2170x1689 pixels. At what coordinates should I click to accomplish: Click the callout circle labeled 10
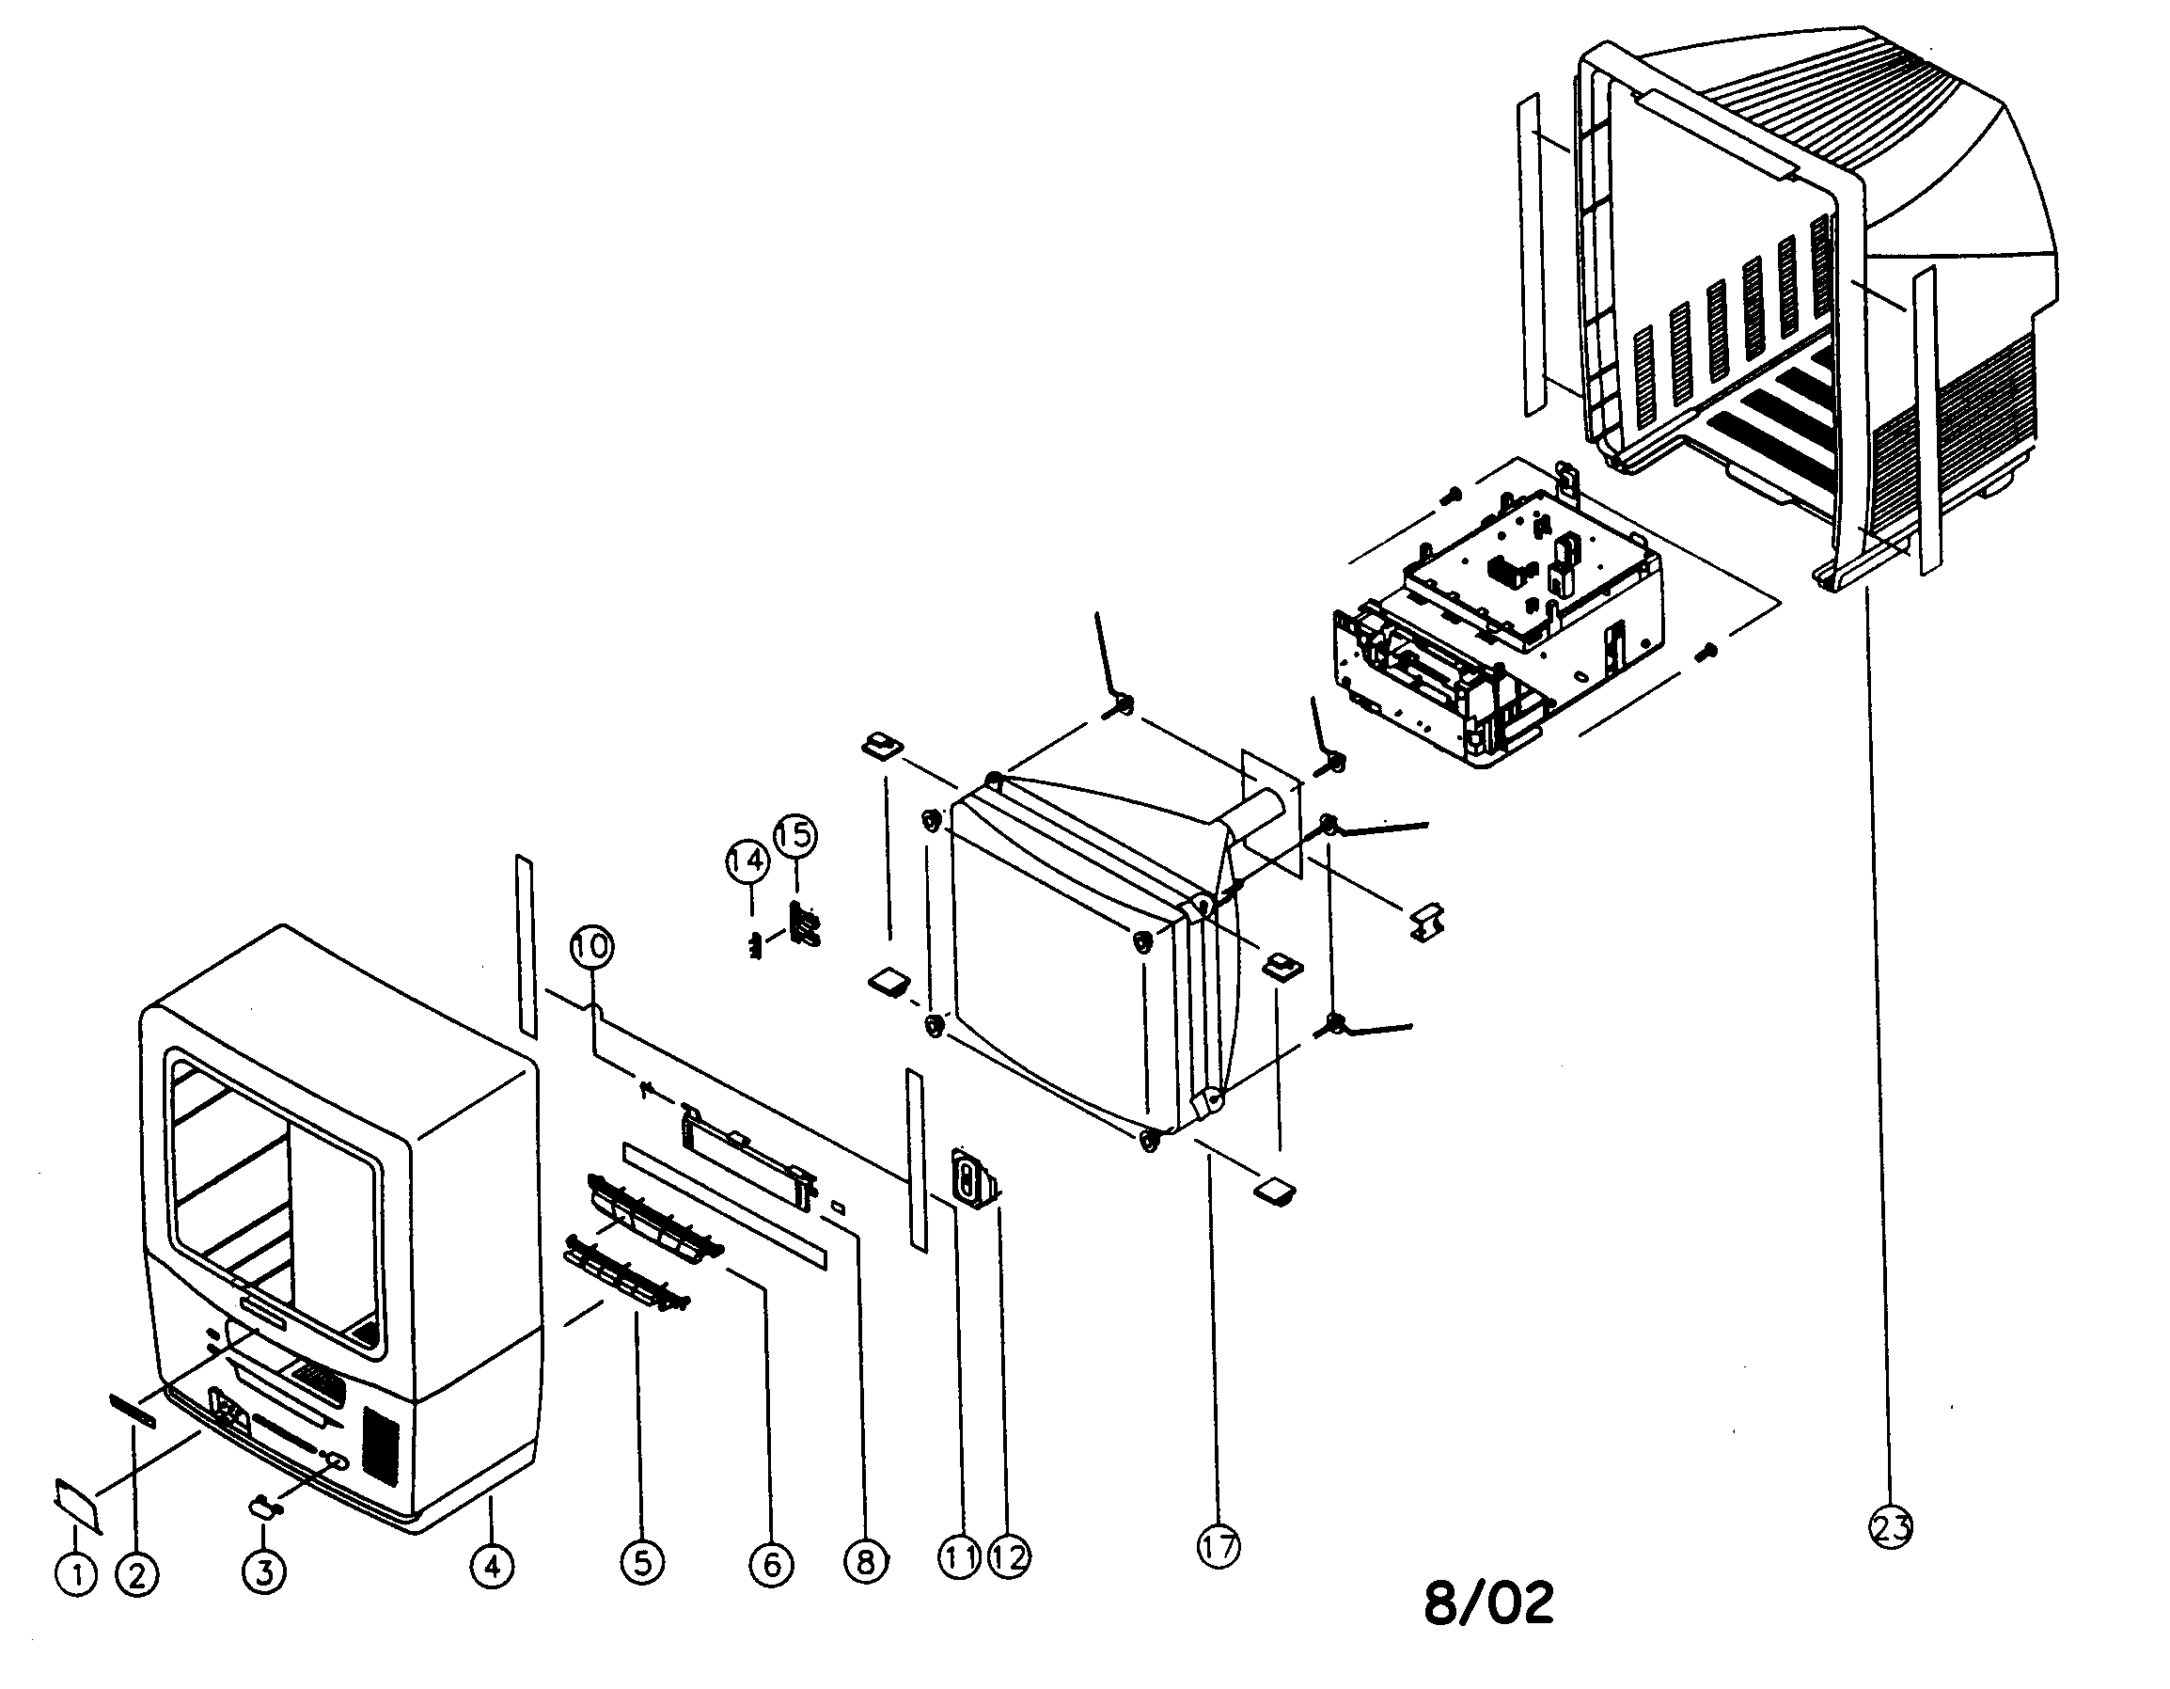[592, 946]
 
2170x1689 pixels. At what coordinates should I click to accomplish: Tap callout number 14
[747, 861]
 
